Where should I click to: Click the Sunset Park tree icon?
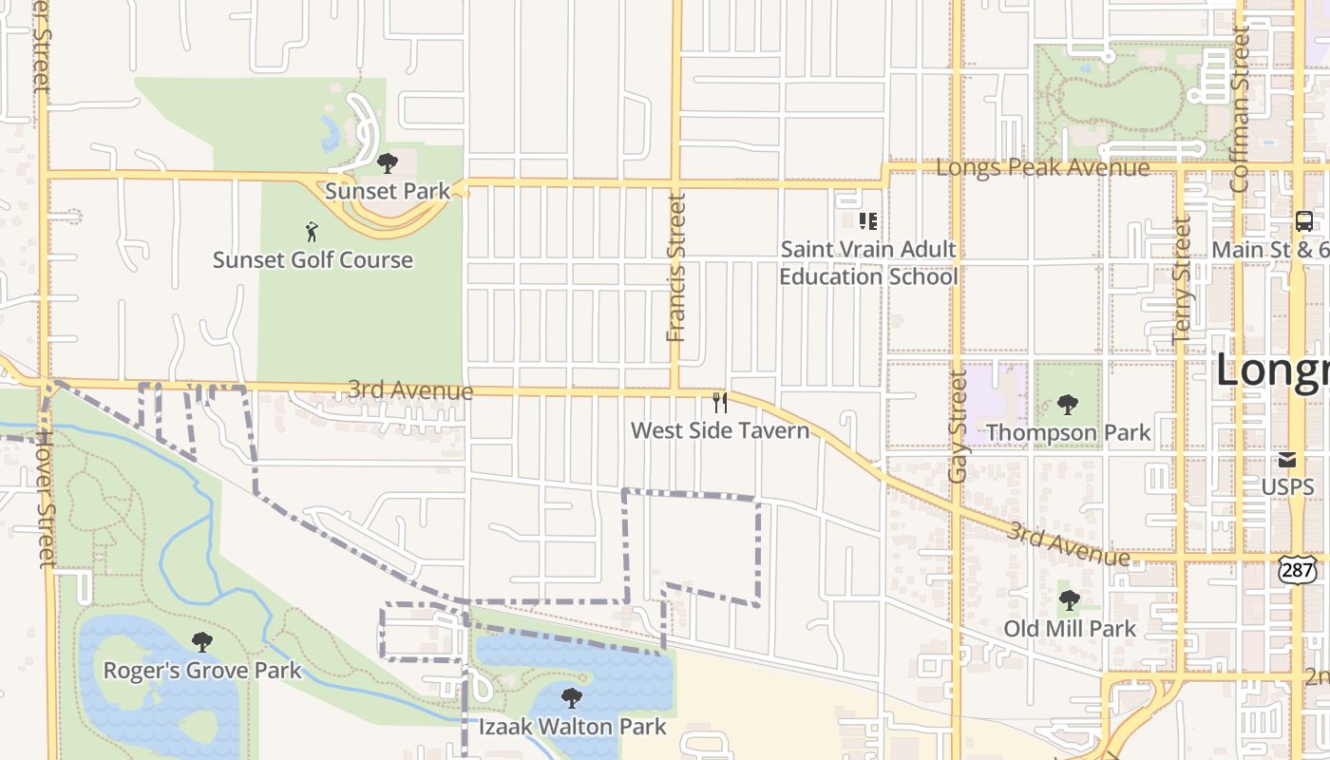tap(387, 163)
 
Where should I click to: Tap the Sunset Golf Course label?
tap(313, 259)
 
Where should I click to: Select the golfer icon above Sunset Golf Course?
tap(312, 231)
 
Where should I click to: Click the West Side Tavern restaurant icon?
tap(720, 403)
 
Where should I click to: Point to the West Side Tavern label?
tap(720, 431)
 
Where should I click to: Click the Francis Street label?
tap(676, 268)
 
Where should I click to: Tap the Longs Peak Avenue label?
tap(1043, 168)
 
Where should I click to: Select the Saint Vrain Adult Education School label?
tap(868, 263)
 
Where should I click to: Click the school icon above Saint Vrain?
tap(867, 221)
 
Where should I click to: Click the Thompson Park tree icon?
tap(1068, 405)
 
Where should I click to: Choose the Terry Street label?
tap(1182, 280)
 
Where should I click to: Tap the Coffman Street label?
tap(1241, 109)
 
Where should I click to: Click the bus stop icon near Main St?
tap(1304, 221)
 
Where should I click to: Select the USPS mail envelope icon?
tap(1287, 461)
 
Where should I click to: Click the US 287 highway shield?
tap(1297, 569)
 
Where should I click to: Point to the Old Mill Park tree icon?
tap(1070, 600)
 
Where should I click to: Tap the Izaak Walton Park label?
tap(572, 728)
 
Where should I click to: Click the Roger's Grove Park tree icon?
tap(201, 642)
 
